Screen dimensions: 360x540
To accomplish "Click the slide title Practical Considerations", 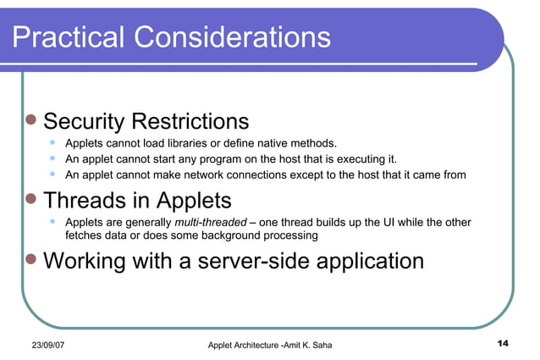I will tap(171, 36).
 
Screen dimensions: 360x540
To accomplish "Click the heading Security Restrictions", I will tap(146, 121).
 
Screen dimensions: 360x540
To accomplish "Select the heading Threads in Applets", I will tap(137, 201).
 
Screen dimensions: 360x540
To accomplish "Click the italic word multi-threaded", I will tap(210, 223).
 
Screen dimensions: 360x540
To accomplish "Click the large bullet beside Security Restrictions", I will tap(31, 121).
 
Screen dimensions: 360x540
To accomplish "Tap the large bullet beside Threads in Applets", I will tap(31, 202).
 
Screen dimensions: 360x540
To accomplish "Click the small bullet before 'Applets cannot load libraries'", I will tap(53, 141).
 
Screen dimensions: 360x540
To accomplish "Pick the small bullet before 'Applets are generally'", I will tap(53, 222).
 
